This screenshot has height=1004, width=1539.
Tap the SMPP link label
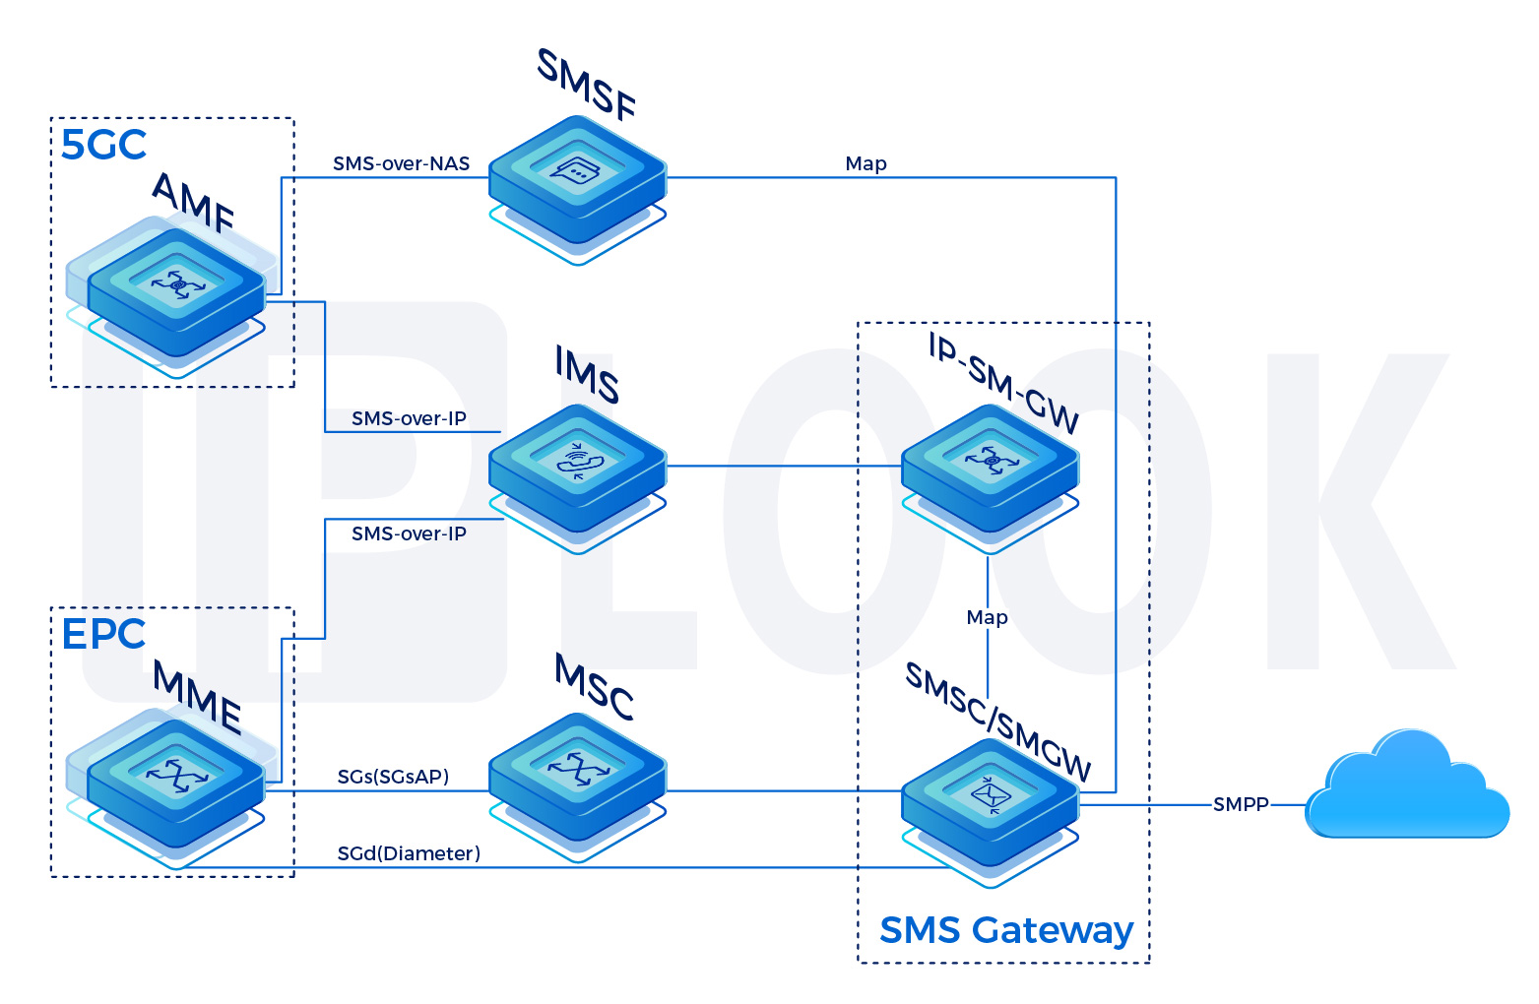[x=1241, y=804]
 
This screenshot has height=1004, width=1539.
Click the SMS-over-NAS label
[x=401, y=163]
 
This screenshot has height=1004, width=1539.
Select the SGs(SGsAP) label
[x=393, y=777]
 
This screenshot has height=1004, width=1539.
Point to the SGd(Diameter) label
[x=409, y=853]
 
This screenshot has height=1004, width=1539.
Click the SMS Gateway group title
[x=1005, y=929]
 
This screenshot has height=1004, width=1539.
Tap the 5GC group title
[x=103, y=145]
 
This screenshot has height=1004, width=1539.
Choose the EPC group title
[x=103, y=634]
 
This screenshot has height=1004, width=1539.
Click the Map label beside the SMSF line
[x=866, y=163]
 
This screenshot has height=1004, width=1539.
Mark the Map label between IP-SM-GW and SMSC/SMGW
[x=987, y=617]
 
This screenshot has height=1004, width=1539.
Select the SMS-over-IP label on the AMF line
[x=409, y=418]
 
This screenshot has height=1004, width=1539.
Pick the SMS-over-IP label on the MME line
[x=409, y=533]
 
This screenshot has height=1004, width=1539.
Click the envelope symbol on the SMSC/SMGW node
[x=990, y=791]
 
